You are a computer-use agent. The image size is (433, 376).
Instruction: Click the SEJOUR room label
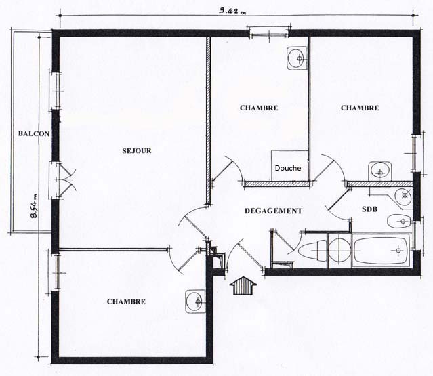137,150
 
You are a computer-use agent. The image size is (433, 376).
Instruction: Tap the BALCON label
34,134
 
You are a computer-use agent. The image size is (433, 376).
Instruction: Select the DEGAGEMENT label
273,211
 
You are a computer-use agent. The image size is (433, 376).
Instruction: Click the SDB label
369,209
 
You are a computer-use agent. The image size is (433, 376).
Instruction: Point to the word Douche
288,168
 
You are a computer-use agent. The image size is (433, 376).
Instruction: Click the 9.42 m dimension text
232,12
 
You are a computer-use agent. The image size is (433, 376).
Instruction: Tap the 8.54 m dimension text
35,206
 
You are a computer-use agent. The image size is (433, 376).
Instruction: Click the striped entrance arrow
243,285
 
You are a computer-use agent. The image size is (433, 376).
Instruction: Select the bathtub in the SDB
381,251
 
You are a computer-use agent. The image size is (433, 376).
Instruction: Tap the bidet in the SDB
399,221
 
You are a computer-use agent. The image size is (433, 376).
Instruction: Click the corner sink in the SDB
403,196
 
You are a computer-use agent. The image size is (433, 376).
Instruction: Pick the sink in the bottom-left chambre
195,301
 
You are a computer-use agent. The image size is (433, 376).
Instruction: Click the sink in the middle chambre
297,58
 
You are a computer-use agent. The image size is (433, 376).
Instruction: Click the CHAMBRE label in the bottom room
126,301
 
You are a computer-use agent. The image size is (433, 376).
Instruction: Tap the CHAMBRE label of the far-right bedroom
360,108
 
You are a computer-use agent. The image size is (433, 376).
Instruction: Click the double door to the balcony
62,180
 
